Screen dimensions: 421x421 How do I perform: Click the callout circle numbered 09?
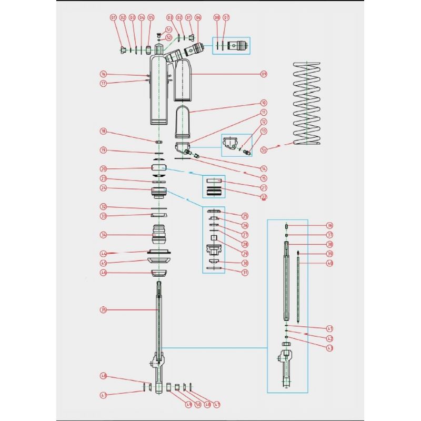point(264,74)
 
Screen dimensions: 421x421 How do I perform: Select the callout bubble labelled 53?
point(264,149)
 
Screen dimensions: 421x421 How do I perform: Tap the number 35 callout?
point(104,310)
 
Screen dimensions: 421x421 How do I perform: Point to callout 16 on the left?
point(104,74)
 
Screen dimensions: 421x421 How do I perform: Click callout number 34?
point(104,235)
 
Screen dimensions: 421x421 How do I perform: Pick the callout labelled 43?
point(330,348)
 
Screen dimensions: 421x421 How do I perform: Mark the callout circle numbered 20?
point(104,169)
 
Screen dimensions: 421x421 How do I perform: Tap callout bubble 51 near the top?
point(168,29)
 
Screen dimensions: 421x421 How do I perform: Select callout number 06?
point(198,17)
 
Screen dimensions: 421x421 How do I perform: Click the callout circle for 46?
point(104,273)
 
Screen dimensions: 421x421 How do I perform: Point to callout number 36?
point(330,225)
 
